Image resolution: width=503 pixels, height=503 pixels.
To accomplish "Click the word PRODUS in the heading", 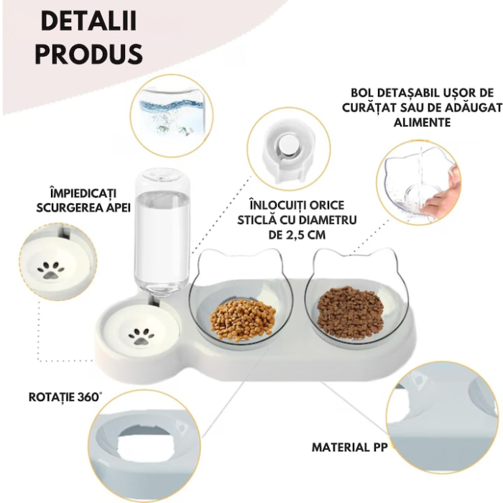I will click(x=88, y=54).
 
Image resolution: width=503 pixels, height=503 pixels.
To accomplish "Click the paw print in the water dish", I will click(x=142, y=336).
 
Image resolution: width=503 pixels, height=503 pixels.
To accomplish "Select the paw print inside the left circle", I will click(x=50, y=271).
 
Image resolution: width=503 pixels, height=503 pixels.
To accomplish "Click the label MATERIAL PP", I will click(x=349, y=447).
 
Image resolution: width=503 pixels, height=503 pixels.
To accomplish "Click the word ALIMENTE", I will click(x=422, y=122).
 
